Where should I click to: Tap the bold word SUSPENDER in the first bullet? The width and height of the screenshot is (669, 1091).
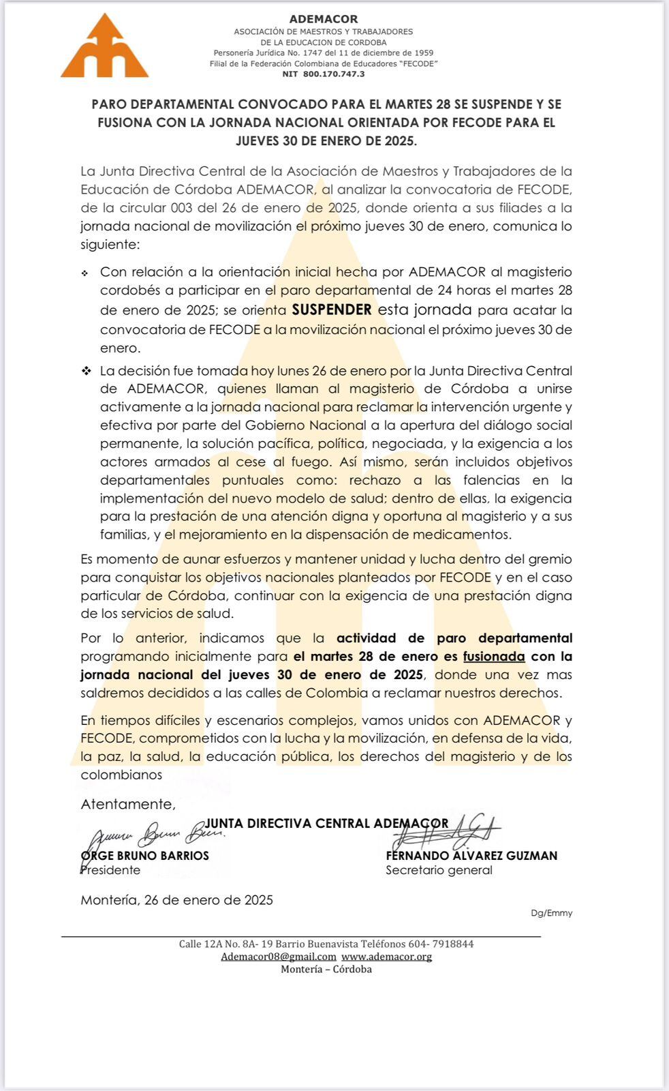pos(332,310)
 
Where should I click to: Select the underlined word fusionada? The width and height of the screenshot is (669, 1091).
pos(494,657)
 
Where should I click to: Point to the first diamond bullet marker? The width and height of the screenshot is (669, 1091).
pos(85,273)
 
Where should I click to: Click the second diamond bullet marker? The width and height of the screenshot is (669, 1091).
pos(87,371)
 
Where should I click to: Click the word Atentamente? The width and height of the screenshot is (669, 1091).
pos(128,804)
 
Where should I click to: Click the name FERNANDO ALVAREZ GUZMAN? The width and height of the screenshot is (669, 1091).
pos(471,856)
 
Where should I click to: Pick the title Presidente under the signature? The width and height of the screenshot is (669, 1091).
pos(110,870)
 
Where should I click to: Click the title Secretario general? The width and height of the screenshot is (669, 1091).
pos(439,870)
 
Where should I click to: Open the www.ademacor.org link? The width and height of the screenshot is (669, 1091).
pos(386,957)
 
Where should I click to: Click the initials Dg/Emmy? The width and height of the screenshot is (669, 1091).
pos(552,913)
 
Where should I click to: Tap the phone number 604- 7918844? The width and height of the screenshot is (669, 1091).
pos(441,944)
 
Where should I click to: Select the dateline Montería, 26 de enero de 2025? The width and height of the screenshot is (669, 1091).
pos(176,900)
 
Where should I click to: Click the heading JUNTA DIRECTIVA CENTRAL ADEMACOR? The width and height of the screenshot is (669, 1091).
pos(327,823)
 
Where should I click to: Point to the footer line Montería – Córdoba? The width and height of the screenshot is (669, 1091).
pos(326,969)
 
